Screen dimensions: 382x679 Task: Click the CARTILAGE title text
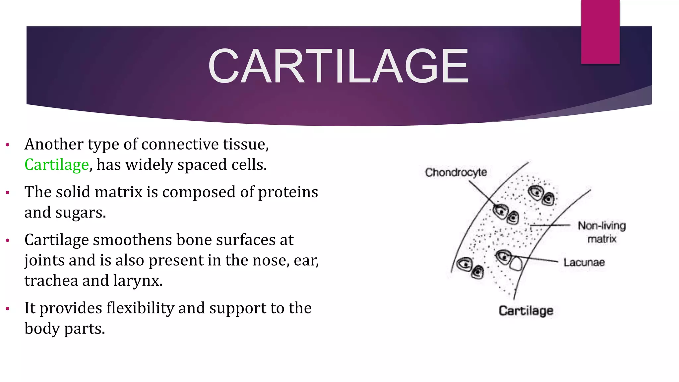pos(338,66)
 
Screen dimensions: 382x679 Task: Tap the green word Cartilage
pos(57,165)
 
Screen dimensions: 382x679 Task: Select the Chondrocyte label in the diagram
pos(456,172)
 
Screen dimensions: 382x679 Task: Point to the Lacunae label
pos(584,263)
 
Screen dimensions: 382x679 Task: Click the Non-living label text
pos(602,226)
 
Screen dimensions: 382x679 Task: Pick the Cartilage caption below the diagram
pos(526,311)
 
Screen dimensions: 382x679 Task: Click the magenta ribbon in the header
pos(600,32)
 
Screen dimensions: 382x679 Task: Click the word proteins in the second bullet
pos(288,192)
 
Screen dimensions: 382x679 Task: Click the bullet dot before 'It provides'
pos(8,309)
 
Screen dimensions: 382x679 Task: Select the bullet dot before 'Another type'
pos(8,145)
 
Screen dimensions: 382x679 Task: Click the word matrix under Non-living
pos(602,239)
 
